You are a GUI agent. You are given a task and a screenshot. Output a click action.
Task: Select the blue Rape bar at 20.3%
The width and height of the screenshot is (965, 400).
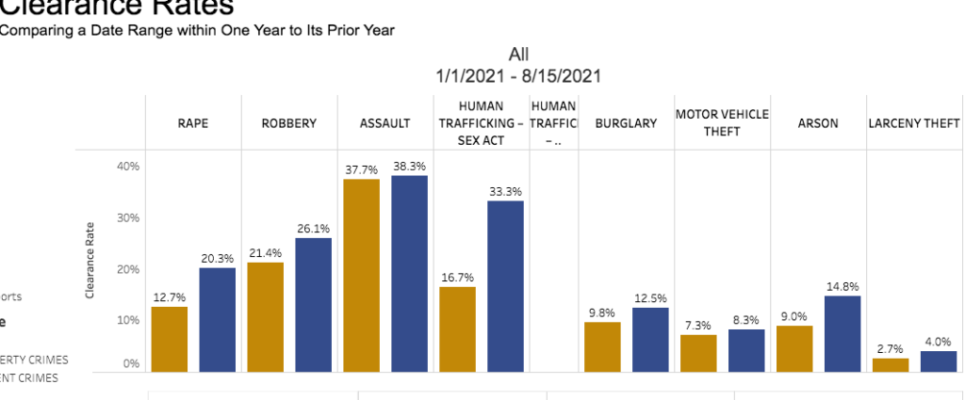(218, 320)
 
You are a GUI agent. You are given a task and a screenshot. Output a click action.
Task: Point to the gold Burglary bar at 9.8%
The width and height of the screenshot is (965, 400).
(602, 346)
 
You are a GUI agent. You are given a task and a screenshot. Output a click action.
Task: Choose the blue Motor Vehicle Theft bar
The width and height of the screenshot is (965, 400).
(746, 350)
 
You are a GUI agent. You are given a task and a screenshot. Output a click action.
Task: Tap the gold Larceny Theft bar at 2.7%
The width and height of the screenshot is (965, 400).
(891, 364)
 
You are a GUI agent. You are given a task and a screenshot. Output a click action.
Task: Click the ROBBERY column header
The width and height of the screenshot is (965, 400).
(289, 123)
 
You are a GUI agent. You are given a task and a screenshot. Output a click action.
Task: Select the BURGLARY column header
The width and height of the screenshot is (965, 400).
(626, 123)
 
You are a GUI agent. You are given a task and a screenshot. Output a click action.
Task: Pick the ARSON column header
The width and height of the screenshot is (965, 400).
(818, 123)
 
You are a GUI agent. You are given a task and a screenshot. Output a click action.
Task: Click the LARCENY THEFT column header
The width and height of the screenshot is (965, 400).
(914, 123)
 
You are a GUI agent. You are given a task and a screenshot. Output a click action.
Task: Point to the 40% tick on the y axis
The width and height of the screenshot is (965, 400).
(128, 167)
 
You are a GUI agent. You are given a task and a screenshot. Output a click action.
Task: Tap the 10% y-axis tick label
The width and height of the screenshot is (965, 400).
(128, 320)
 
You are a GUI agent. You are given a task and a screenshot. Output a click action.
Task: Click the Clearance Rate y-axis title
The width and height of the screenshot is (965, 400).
(90, 261)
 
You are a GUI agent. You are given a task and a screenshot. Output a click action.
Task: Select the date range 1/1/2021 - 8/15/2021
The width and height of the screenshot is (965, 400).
(519, 75)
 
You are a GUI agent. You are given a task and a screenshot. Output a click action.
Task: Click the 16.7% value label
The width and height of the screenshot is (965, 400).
(457, 278)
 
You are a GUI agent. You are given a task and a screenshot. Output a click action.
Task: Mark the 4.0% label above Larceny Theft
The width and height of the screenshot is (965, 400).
(938, 342)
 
